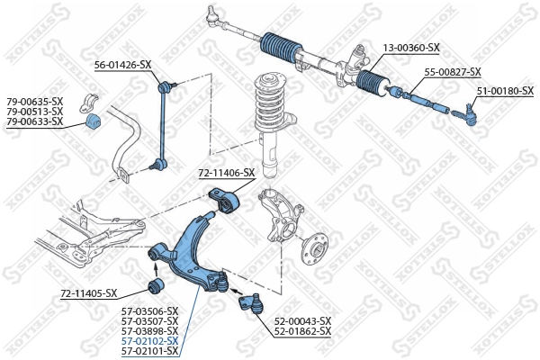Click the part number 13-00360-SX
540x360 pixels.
tap(410, 47)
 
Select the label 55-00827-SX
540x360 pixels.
tap(453, 72)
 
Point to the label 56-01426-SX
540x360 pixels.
tap(123, 64)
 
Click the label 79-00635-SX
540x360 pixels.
tap(35, 101)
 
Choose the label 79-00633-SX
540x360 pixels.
tap(35, 121)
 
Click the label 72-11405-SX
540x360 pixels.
tap(89, 293)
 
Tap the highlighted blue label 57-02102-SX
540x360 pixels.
tap(149, 340)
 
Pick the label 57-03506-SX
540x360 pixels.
tap(149, 310)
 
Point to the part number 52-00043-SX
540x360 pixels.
tap(302, 320)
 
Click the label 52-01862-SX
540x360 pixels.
tap(302, 331)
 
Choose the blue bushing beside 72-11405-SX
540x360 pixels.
tap(154, 286)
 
